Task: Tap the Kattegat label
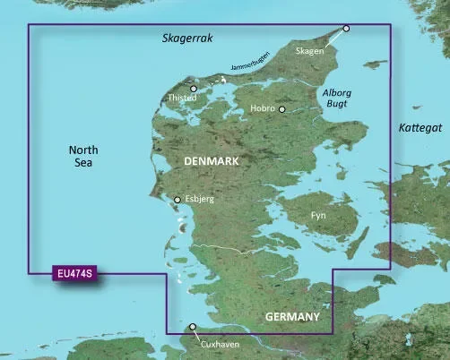(x=420, y=129)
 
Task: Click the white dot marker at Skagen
(x=347, y=29)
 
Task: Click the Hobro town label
(x=262, y=109)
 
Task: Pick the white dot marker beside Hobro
(x=281, y=109)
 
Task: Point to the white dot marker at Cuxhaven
(x=192, y=328)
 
